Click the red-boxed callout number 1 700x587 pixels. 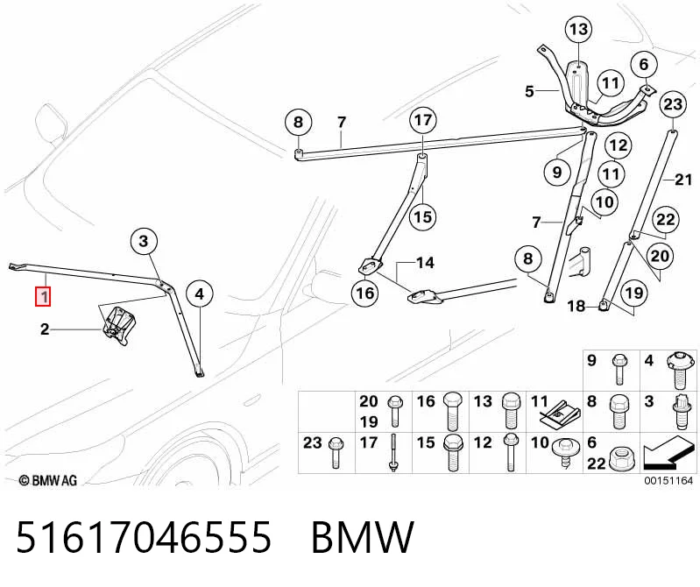43,297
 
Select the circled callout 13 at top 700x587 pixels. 578,30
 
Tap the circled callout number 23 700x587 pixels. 673,104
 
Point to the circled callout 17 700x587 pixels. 423,120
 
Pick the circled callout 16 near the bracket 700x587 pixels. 365,293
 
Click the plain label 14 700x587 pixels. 425,263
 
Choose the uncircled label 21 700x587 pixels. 683,180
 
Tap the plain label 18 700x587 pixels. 576,307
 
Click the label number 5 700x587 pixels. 529,91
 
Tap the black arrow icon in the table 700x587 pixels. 668,454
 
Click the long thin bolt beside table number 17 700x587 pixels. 392,452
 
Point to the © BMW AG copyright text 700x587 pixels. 48,480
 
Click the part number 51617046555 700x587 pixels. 144,536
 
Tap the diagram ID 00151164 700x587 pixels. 668,481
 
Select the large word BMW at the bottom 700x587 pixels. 363,536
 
